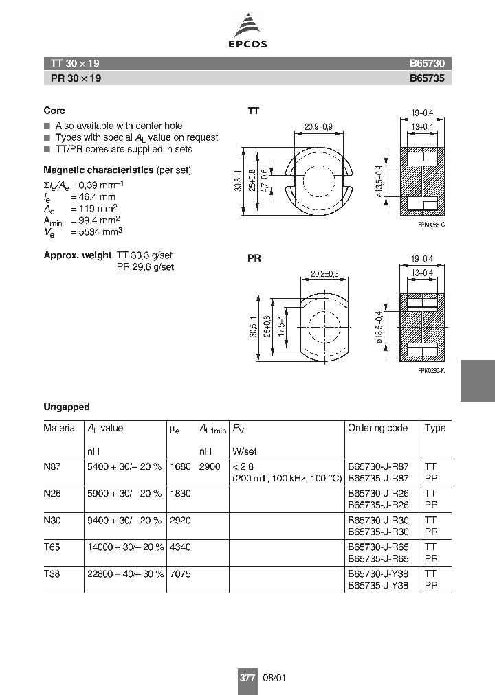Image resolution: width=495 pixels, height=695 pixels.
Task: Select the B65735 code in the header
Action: point(427,78)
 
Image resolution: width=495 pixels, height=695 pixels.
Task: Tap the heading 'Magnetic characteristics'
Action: point(98,170)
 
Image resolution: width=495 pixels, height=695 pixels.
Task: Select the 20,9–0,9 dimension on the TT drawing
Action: point(318,126)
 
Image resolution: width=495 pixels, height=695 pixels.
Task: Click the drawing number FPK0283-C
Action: point(431,225)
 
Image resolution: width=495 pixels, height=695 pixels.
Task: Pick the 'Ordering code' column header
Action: point(377,428)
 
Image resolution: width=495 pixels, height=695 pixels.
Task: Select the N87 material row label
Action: point(52,466)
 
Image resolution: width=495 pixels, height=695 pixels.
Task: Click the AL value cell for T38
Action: point(125,574)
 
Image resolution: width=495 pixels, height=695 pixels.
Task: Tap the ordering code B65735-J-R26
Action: point(378,504)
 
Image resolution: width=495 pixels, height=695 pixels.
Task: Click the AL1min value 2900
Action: point(210,466)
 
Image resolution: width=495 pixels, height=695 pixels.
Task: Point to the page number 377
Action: point(247,678)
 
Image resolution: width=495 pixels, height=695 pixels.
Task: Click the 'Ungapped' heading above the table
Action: point(67,407)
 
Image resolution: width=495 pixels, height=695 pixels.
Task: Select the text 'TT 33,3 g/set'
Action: point(146,255)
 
